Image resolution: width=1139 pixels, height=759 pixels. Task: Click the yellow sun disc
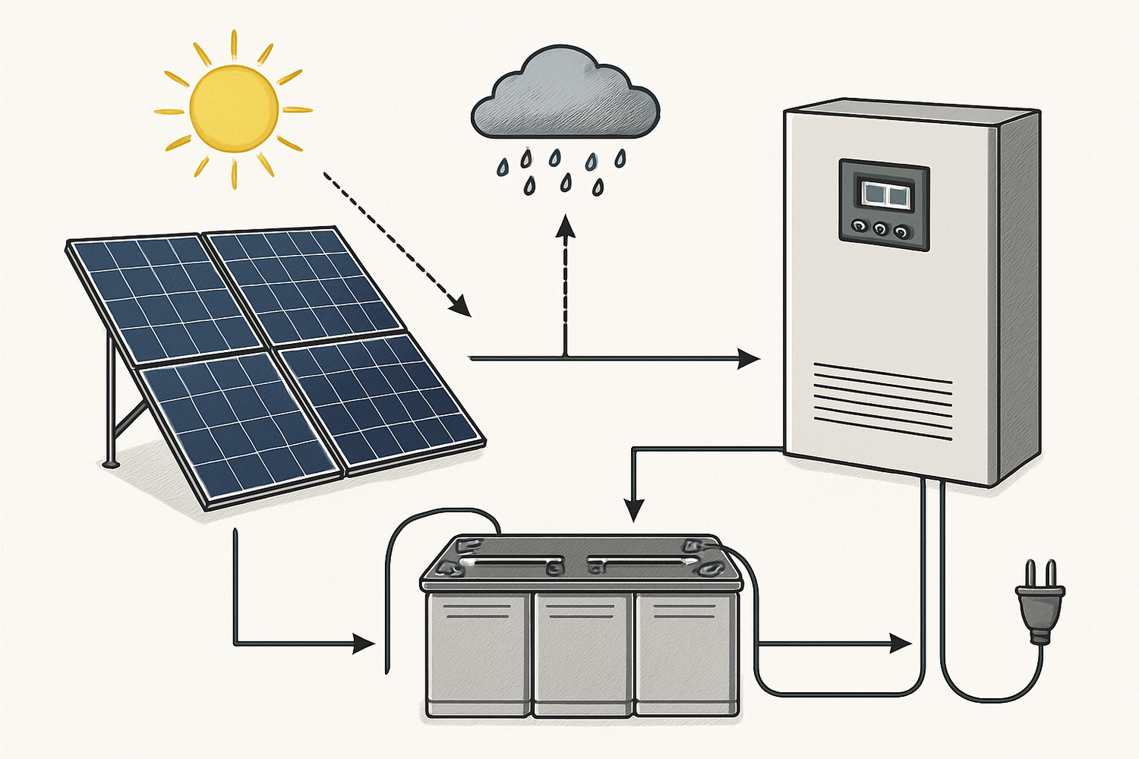pyautogui.click(x=233, y=109)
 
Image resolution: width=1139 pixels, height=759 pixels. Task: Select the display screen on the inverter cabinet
pyautogui.click(x=884, y=194)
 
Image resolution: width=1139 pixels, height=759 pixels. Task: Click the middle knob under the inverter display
pyautogui.click(x=881, y=228)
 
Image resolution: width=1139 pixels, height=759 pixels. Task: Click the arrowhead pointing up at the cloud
pyautogui.click(x=565, y=225)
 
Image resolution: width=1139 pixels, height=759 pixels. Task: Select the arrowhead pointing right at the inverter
pyautogui.click(x=749, y=358)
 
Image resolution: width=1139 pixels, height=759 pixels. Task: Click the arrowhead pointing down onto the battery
pyautogui.click(x=633, y=510)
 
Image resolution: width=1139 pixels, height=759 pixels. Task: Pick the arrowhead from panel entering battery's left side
pyautogui.click(x=365, y=645)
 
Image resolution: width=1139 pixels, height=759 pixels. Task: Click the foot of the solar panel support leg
pyautogui.click(x=111, y=462)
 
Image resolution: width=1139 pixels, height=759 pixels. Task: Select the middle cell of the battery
pyautogui.click(x=582, y=653)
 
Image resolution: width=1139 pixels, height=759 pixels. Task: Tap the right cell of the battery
pyautogui.click(x=686, y=653)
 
